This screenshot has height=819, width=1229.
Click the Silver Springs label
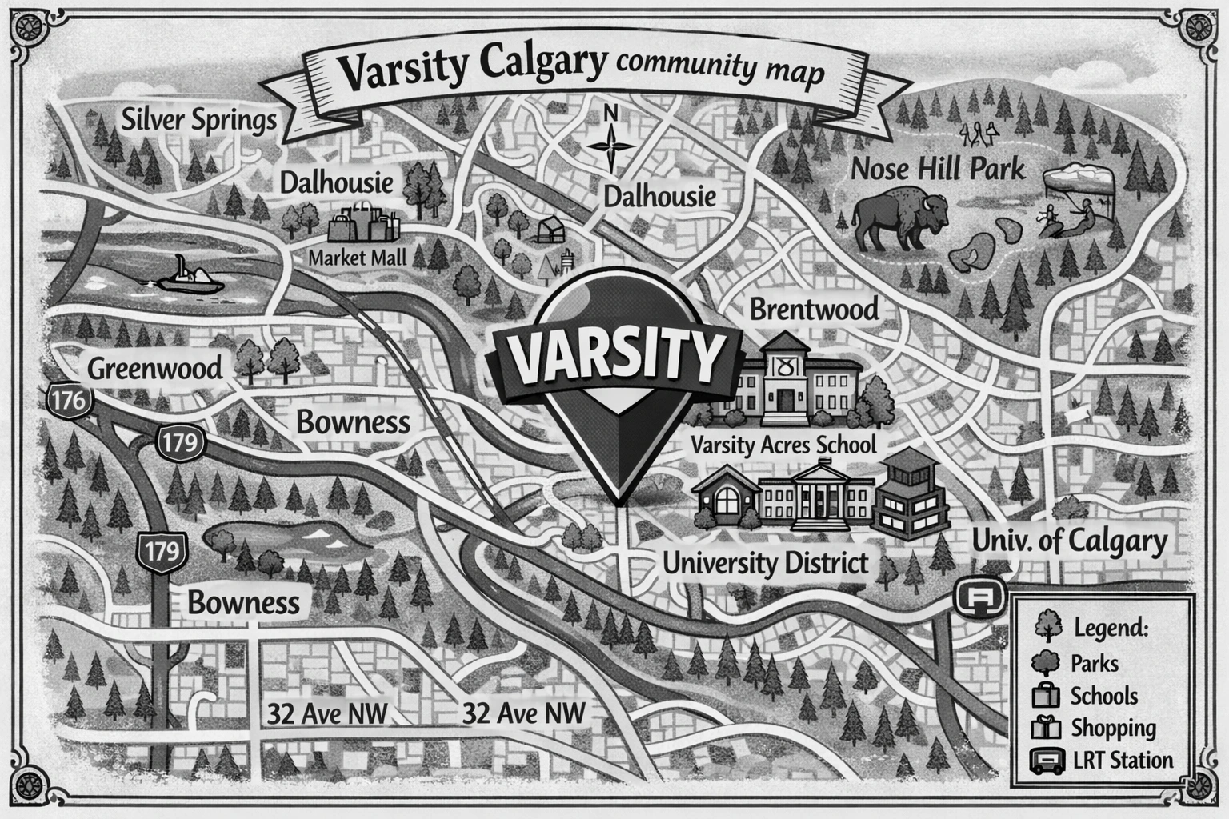[198, 121]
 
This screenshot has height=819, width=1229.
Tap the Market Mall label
[357, 258]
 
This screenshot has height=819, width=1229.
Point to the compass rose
[610, 145]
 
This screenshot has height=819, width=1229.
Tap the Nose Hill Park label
[937, 169]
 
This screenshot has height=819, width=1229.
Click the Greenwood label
[154, 369]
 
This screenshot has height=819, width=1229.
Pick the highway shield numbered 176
[70, 400]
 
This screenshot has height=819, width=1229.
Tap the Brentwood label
[814, 309]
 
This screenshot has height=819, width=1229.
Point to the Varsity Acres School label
[783, 445]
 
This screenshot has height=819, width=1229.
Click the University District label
[765, 562]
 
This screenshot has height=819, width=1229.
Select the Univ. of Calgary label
[1069, 541]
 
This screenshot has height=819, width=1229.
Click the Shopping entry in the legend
[1112, 728]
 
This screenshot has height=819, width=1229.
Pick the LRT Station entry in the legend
[1122, 760]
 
